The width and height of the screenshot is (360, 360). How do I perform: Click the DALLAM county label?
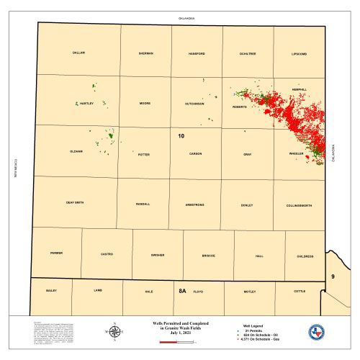click(79, 53)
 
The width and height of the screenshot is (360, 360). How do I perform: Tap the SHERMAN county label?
click(145, 53)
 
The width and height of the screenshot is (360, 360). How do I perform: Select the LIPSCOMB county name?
click(299, 53)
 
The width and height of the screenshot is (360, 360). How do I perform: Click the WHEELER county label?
click(296, 154)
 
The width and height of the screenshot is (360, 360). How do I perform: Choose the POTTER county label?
click(144, 154)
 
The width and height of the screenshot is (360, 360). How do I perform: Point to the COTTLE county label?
click(300, 291)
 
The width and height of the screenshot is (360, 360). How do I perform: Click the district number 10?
click(181, 135)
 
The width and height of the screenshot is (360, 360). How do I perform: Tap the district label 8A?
click(182, 292)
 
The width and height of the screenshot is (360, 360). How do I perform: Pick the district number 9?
click(333, 276)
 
